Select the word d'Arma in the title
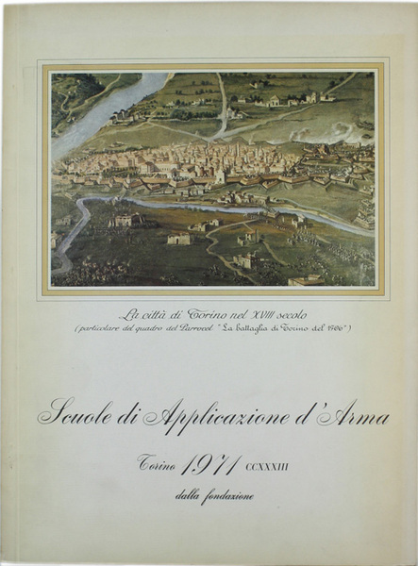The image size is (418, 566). click(x=339, y=413)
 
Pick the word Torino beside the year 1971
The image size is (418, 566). click(x=158, y=464)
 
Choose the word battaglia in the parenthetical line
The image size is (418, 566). click(x=261, y=329)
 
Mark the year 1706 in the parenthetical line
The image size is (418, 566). click(x=337, y=329)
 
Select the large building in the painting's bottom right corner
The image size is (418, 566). click(x=307, y=279)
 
